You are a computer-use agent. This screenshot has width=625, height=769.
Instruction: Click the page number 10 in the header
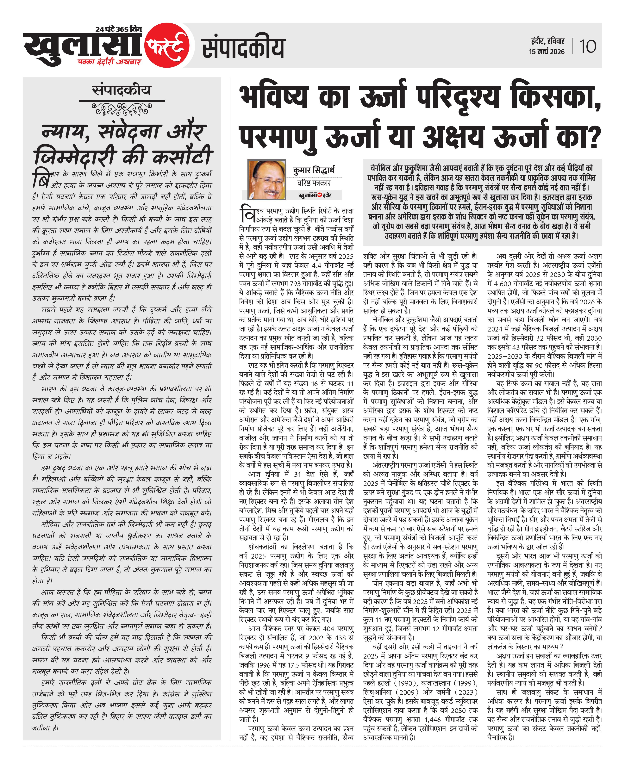(588, 47)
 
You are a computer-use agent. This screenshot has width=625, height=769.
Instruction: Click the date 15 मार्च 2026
(547, 52)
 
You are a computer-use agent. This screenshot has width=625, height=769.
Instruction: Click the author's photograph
(267, 179)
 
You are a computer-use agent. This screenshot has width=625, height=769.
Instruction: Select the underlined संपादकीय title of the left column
(122, 90)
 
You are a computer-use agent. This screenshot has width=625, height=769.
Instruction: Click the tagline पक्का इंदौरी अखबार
(109, 62)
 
